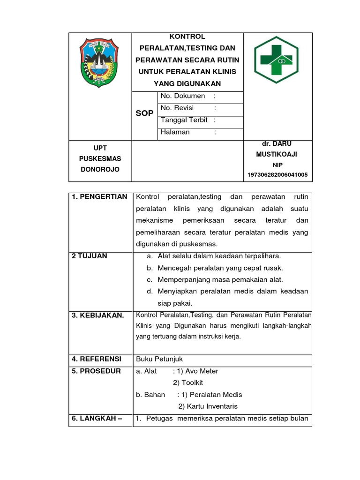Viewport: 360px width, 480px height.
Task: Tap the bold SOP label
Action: point(144,113)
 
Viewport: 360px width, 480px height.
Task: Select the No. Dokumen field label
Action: point(183,96)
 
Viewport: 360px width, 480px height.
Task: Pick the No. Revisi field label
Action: point(177,108)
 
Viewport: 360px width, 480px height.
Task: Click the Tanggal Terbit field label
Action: point(184,120)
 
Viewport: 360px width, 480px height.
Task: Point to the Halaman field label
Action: point(175,132)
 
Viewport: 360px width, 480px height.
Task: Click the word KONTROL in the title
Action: point(187,37)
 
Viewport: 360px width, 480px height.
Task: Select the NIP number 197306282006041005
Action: point(277,175)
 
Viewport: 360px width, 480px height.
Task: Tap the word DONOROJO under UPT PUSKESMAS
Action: point(99,169)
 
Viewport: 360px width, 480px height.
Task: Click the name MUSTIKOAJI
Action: point(277,154)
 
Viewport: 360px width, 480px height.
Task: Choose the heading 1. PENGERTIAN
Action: point(99,197)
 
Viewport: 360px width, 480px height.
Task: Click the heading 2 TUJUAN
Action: point(90,256)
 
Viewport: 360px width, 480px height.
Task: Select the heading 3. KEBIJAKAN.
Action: point(98,315)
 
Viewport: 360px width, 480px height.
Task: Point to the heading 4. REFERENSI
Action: point(97,359)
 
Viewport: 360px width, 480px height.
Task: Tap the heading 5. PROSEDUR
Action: point(96,371)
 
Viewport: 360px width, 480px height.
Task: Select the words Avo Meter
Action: point(202,371)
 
